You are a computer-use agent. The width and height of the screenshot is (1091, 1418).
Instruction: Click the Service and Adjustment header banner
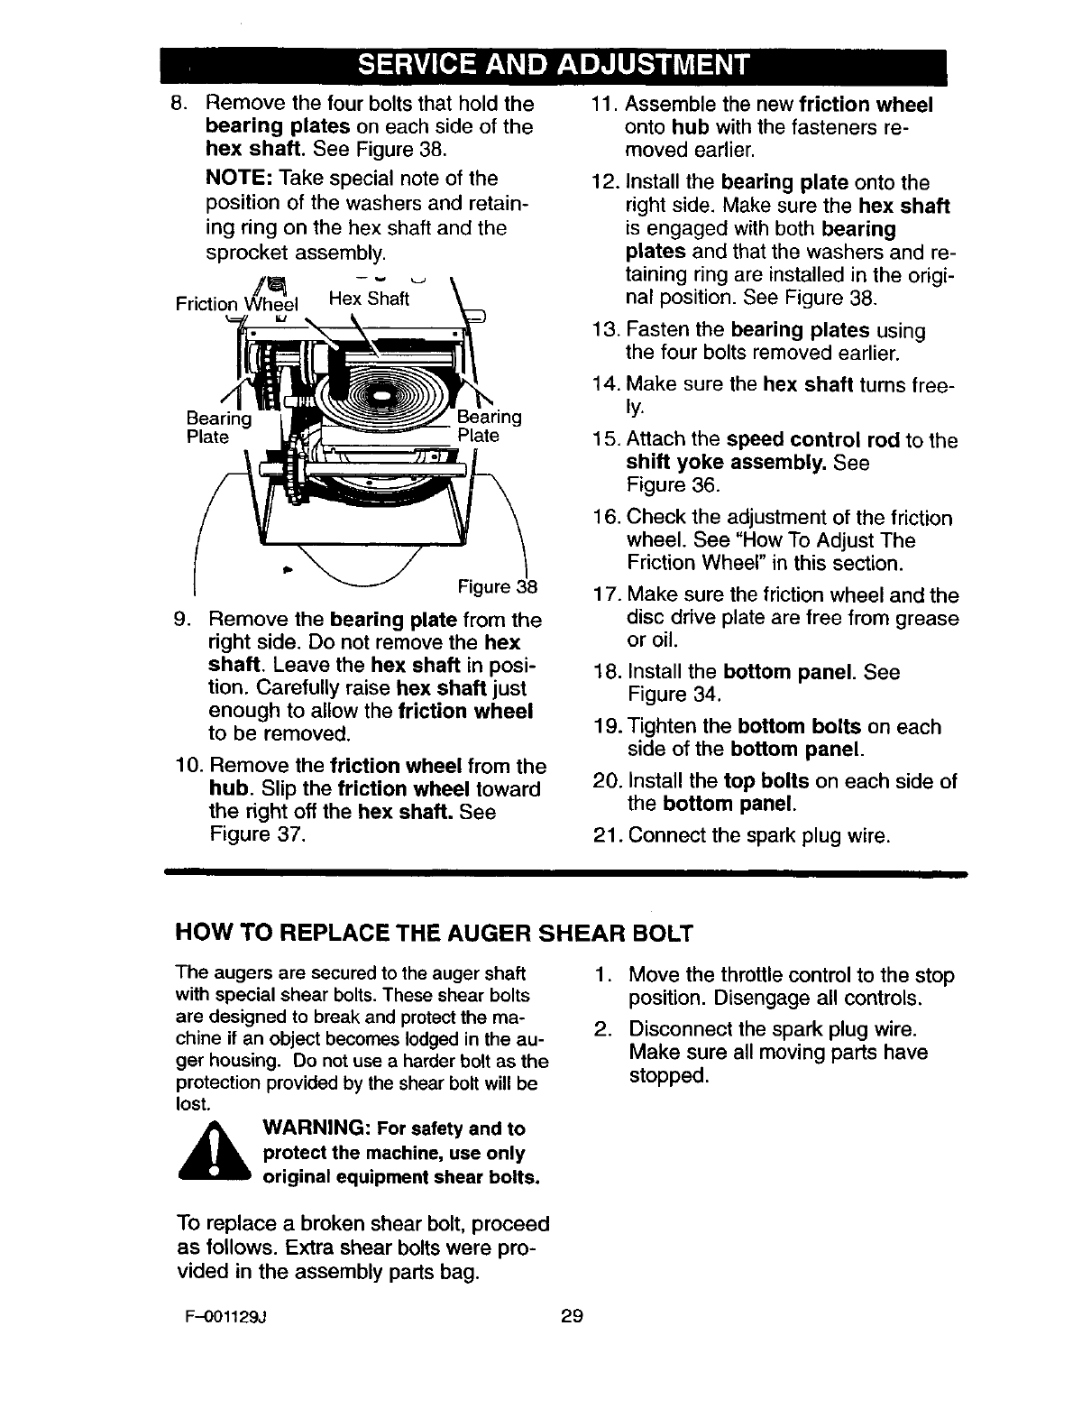pyautogui.click(x=553, y=66)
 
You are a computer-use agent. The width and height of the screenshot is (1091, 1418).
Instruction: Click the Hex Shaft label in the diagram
pyautogui.click(x=368, y=298)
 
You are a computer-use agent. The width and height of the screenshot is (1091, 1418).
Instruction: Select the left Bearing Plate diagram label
pyautogui.click(x=218, y=428)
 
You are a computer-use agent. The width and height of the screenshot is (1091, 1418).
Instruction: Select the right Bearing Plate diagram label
pyautogui.click(x=489, y=426)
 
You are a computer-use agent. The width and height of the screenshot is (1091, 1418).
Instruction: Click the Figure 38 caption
pyautogui.click(x=498, y=588)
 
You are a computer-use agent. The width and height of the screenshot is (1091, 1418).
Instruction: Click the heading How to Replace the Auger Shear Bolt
pyautogui.click(x=434, y=933)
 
